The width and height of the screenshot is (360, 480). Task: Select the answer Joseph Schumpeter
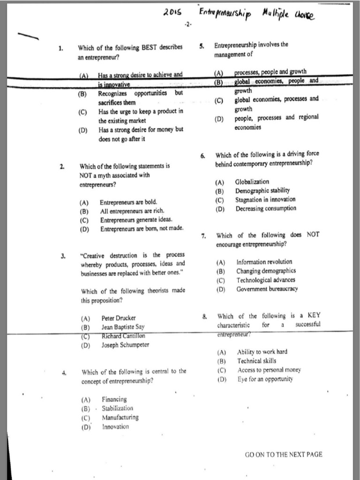125,345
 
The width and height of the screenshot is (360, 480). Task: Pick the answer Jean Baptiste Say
123,327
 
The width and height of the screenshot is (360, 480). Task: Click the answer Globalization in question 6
252,181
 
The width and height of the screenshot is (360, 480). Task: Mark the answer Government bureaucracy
267,289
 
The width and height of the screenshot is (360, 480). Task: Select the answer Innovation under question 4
115,427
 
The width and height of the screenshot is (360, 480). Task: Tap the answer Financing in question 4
114,399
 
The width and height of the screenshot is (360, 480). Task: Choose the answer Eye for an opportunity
265,379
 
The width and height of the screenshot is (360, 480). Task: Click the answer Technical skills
256,361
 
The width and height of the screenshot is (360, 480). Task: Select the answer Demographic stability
262,190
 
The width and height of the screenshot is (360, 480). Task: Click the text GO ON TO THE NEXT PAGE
284,454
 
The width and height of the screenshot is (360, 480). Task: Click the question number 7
204,236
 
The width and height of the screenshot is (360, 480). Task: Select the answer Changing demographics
266,271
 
